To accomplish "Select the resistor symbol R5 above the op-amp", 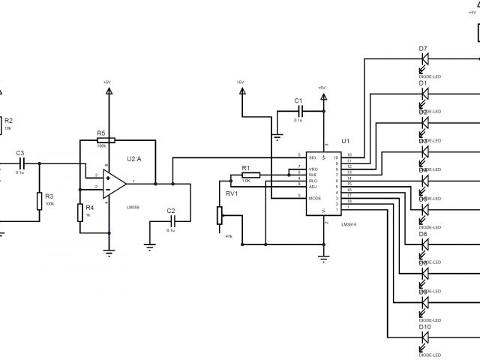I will [106, 140].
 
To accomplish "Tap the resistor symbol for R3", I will [39, 201].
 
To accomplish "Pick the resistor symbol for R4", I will [79, 212].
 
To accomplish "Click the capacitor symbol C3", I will [22, 161].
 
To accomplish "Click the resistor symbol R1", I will [250, 175].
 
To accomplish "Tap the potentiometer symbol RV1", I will [220, 215].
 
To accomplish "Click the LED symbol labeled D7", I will [424, 58].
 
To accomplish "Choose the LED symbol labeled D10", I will [424, 339].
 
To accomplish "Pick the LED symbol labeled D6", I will [424, 245].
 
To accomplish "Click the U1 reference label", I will [345, 141].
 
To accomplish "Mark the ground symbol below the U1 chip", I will [325, 257].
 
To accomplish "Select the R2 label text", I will [9, 120].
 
